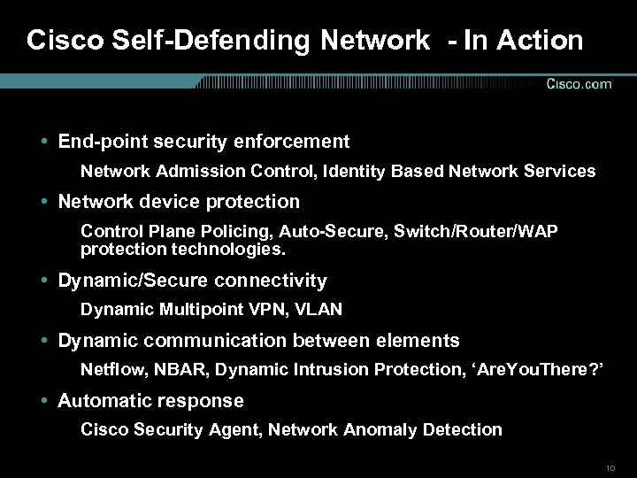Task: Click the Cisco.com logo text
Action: coord(579,84)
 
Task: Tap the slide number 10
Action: coord(610,466)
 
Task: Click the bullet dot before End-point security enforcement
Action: coord(44,142)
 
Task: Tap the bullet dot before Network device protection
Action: coord(44,202)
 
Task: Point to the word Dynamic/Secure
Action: coord(125,281)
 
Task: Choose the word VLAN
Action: coord(318,310)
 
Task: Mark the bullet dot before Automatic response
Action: coord(44,401)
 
